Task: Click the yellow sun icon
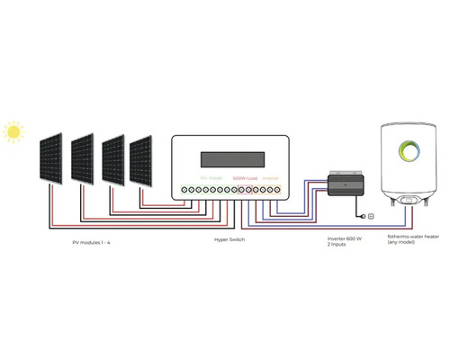[13, 132]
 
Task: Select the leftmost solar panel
[50, 159]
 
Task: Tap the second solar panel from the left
[82, 159]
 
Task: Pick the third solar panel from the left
[112, 159]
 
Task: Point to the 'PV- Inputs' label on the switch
[210, 178]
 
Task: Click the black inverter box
[343, 185]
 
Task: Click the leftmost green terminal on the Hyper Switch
[185, 191]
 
